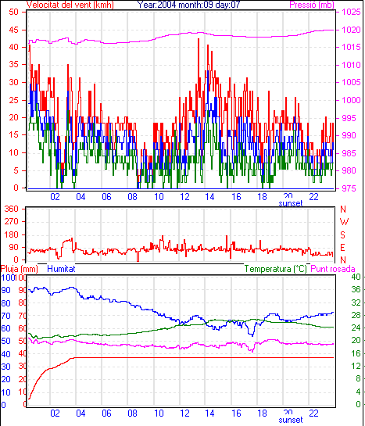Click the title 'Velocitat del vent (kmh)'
pyautogui.click(x=70, y=5)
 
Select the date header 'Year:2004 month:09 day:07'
pyautogui.click(x=188, y=5)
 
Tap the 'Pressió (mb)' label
pyautogui.click(x=312, y=5)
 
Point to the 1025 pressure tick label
pyautogui.click(x=352, y=12)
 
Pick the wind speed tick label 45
pyautogui.click(x=13, y=30)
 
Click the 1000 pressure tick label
pyautogui.click(x=352, y=100)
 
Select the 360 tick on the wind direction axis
pyautogui.click(x=12, y=209)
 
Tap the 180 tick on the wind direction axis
pyautogui.click(x=12, y=234)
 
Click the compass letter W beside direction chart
pyautogui.click(x=344, y=222)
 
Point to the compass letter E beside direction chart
pyautogui.click(x=343, y=248)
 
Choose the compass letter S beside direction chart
pyautogui.click(x=343, y=234)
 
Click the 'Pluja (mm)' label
pyautogui.click(x=19, y=269)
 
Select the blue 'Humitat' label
pyautogui.click(x=62, y=269)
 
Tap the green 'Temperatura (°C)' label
pyautogui.click(x=276, y=269)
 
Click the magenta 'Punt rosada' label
pyautogui.click(x=333, y=269)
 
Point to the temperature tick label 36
pyautogui.click(x=356, y=290)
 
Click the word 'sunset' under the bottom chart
pyautogui.click(x=291, y=420)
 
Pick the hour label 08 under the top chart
pyautogui.click(x=133, y=197)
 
